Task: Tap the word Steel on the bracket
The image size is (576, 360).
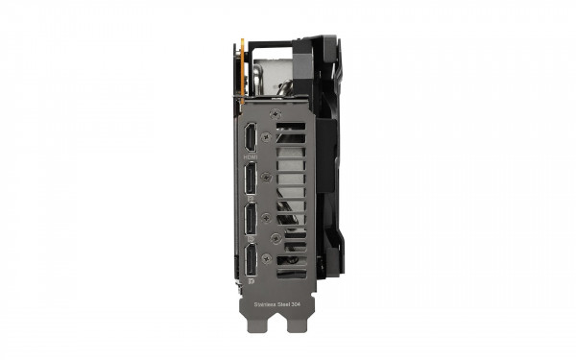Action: [285, 304]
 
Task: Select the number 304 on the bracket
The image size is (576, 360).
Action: [300, 304]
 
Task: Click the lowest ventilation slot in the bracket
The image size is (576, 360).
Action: [292, 274]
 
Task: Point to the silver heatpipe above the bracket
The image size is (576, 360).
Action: [274, 77]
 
